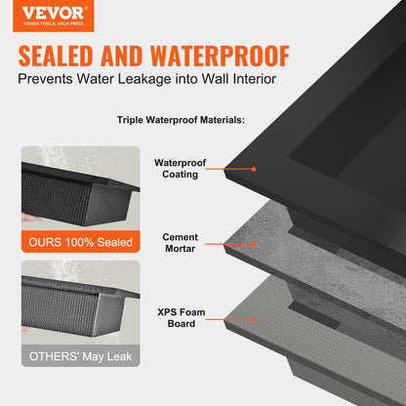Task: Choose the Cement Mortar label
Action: click(x=182, y=243)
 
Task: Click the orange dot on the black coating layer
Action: click(x=254, y=169)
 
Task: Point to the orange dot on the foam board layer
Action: click(x=254, y=318)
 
